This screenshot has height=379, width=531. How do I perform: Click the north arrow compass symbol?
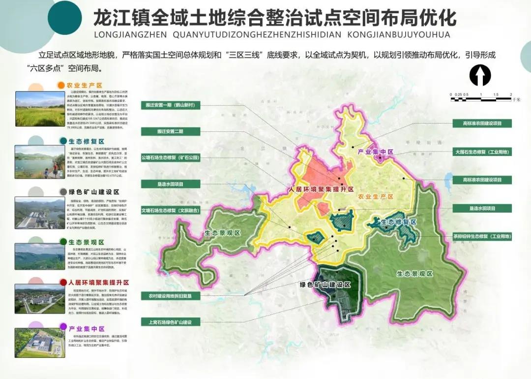(x=480, y=76)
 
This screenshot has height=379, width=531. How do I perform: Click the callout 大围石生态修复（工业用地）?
(x=482, y=153)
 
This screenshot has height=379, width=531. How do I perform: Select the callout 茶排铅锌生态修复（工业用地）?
(x=482, y=237)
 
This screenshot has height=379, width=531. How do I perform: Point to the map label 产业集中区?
(x=376, y=153)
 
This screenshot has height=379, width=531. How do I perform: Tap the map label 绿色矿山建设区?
(x=325, y=285)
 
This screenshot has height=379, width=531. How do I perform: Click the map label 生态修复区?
(x=399, y=222)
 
